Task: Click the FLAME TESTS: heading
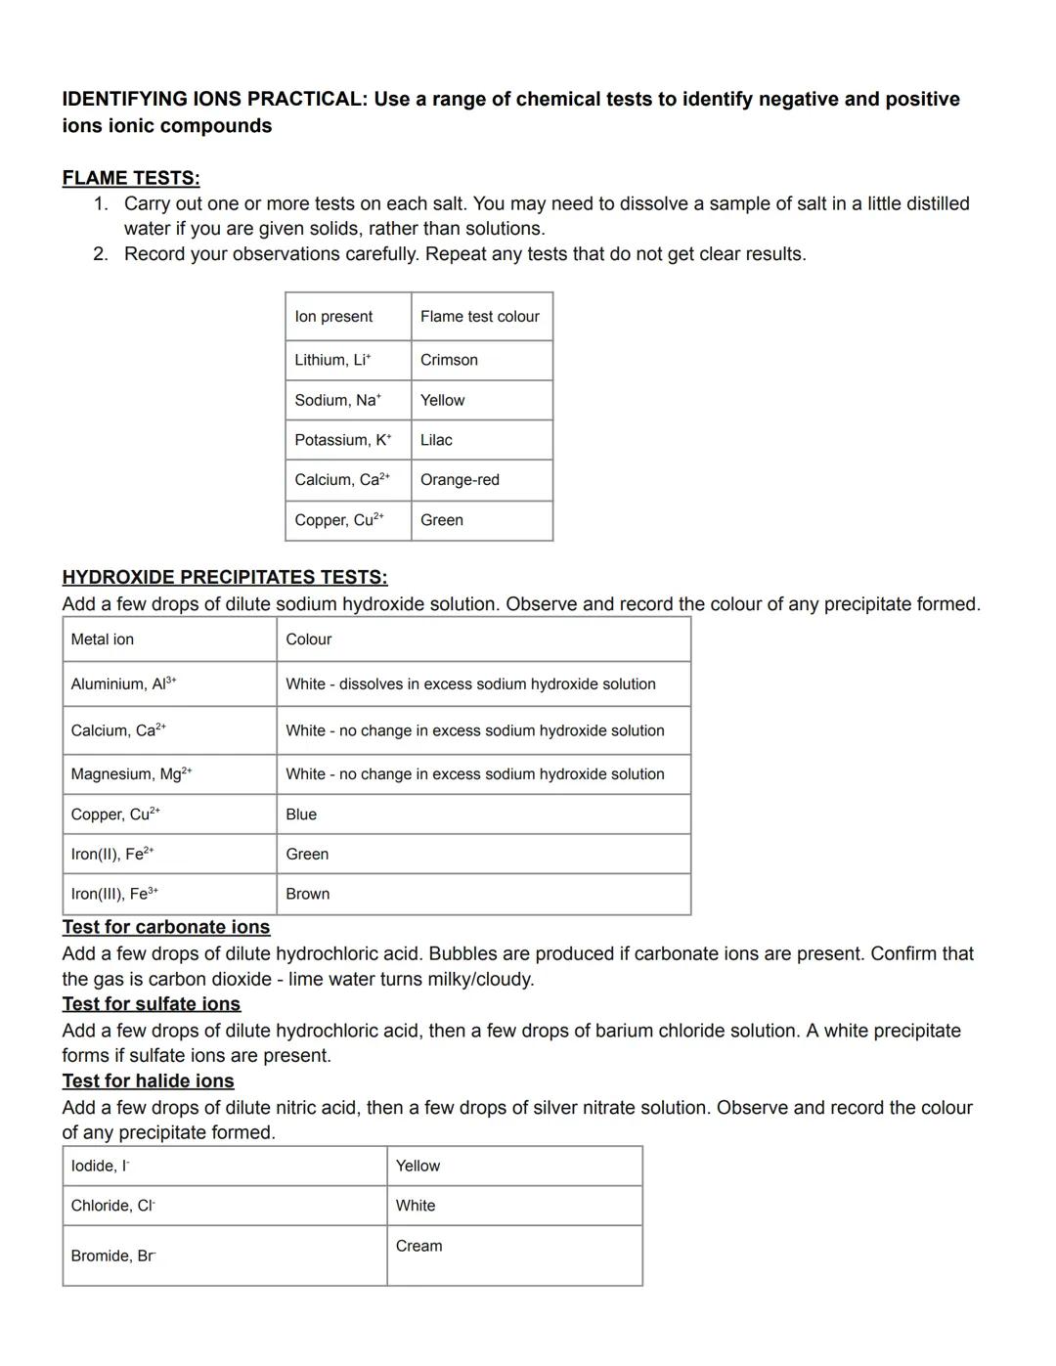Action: [131, 178]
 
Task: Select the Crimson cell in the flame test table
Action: [449, 360]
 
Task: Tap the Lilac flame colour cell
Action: [436, 440]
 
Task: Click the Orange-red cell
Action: [460, 480]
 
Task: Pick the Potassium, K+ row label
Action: [342, 440]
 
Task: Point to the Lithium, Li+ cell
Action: [332, 360]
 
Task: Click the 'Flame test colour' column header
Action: [479, 317]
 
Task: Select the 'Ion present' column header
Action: [333, 317]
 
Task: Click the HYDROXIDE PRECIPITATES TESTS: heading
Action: [225, 577]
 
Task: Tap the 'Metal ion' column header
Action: [103, 639]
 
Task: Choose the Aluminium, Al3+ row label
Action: [123, 684]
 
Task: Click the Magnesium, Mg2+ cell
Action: [131, 774]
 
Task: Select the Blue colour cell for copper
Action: [301, 815]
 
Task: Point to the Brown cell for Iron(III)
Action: [307, 894]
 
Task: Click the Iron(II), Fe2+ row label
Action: [111, 854]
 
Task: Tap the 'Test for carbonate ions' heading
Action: [166, 927]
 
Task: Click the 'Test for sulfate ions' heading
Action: [152, 1004]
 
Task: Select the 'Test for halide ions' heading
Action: [149, 1080]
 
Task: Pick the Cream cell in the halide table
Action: [418, 1246]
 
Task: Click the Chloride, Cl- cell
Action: [112, 1206]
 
